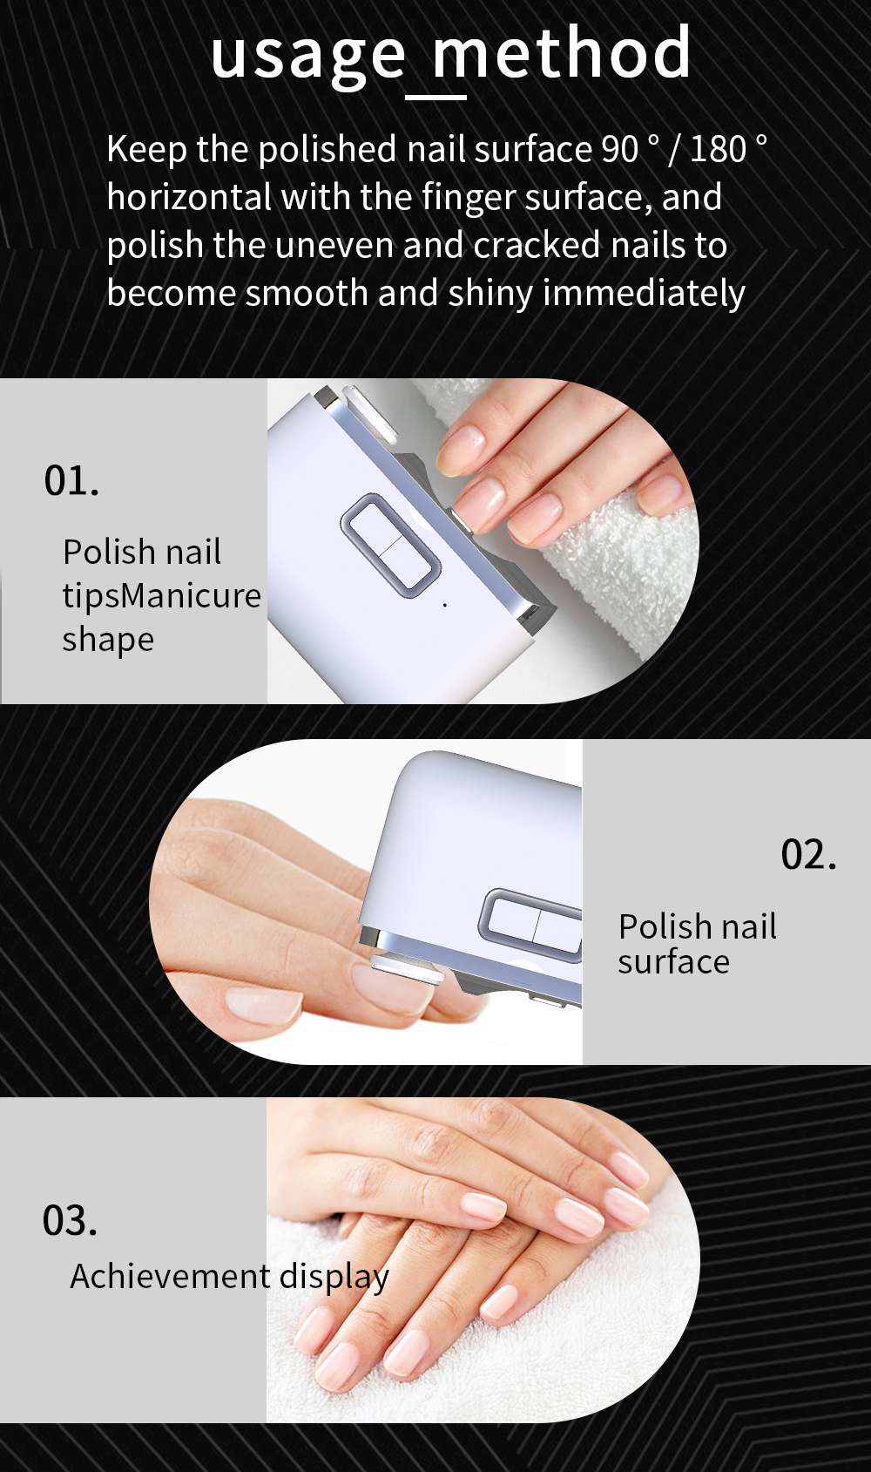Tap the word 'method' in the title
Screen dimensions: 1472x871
563,54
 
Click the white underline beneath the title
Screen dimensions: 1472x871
436,98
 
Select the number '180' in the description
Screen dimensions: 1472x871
718,149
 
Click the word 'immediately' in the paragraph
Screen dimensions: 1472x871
644,294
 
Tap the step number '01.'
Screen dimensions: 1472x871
71,481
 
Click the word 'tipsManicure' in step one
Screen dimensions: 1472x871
161,596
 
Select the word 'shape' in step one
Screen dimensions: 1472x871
108,640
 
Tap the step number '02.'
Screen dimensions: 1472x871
808,855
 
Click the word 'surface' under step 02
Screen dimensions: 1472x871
673,962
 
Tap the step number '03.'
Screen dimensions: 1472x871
70,1221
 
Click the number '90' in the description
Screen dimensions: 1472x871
619,149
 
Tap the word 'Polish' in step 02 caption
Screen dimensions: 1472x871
662,927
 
